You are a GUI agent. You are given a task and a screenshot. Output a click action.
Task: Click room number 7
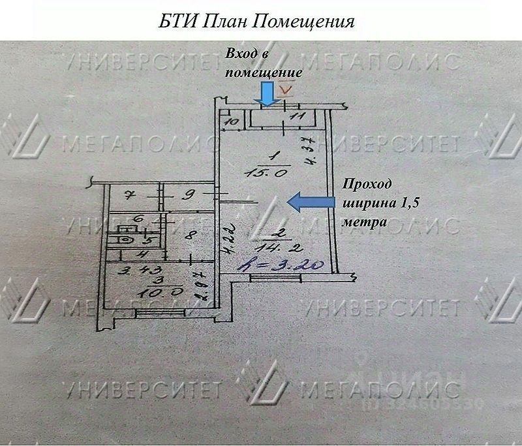coord(129,195)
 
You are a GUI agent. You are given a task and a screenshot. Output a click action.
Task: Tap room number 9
coord(186,194)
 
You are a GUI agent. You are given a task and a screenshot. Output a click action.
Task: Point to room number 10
coord(230,121)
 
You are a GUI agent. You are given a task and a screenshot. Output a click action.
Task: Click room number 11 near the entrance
coord(298,117)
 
